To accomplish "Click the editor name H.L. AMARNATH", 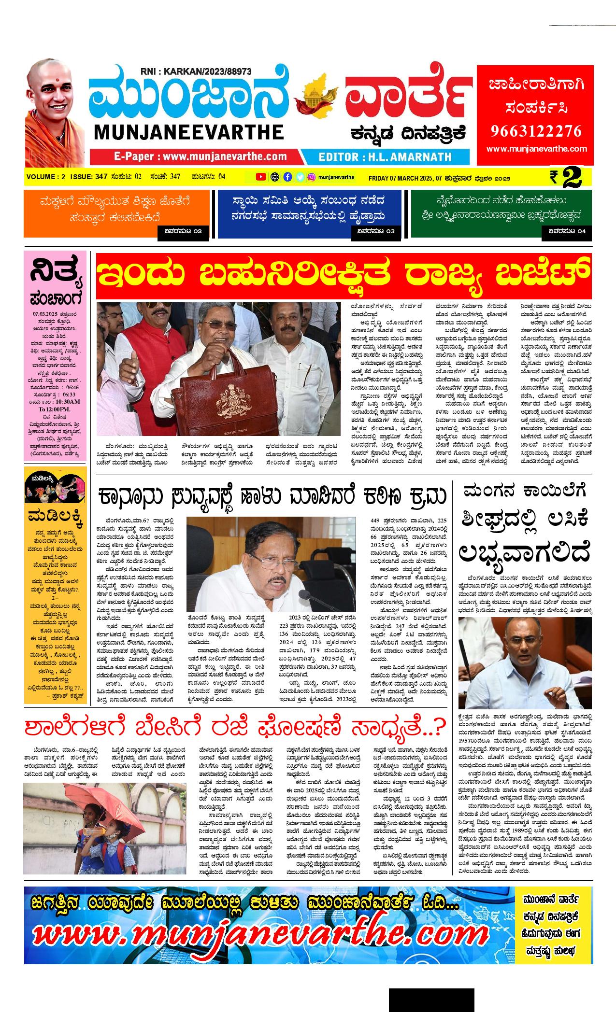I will click(385, 157).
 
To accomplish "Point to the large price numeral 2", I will click(571, 178).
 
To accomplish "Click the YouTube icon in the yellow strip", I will click(260, 177).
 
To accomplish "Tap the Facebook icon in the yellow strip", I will click(287, 177).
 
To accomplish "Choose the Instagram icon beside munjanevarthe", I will click(312, 177).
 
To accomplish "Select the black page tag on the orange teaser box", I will click(184, 231).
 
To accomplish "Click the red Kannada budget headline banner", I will click(344, 276).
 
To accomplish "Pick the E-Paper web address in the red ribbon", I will click(200, 156).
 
